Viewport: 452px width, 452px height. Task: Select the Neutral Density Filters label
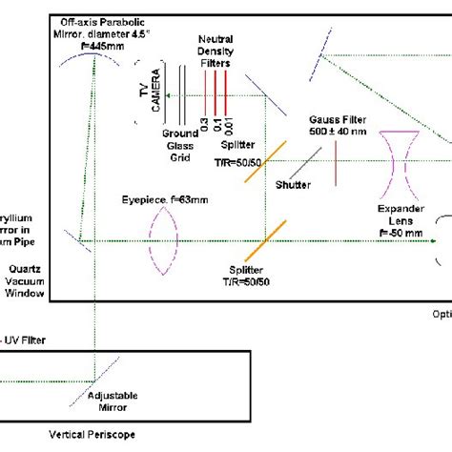click(215, 47)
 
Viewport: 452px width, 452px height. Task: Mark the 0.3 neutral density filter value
click(203, 123)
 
